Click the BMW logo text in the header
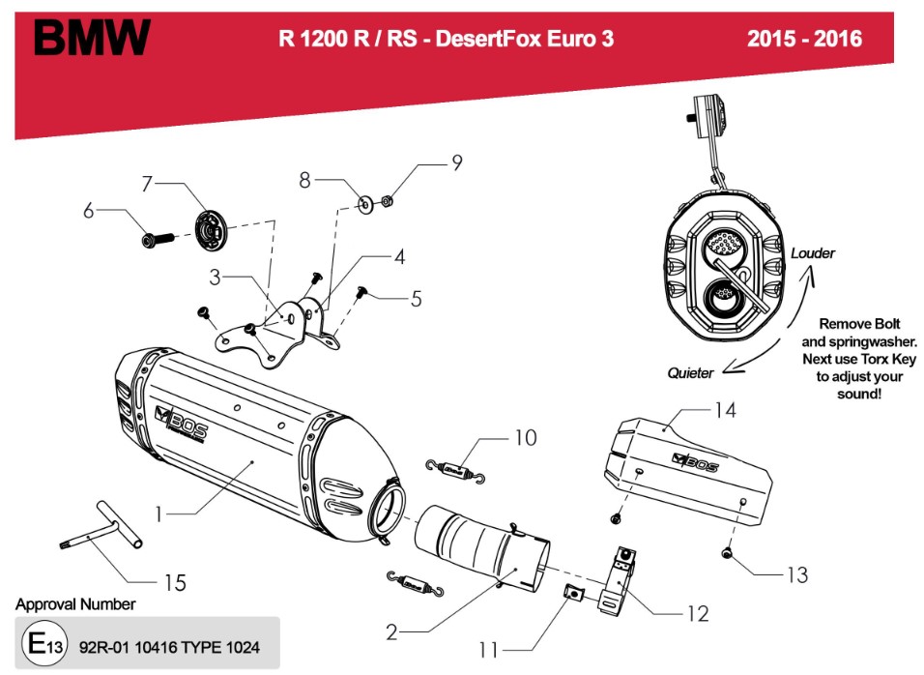(x=93, y=38)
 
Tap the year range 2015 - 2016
(x=804, y=40)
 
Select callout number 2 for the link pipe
(x=390, y=633)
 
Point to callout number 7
(x=148, y=183)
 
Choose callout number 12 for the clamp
(x=697, y=613)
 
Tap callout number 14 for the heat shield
(x=725, y=411)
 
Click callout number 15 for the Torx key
(x=175, y=582)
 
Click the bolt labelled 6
(x=155, y=237)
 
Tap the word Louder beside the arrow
(x=812, y=253)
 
